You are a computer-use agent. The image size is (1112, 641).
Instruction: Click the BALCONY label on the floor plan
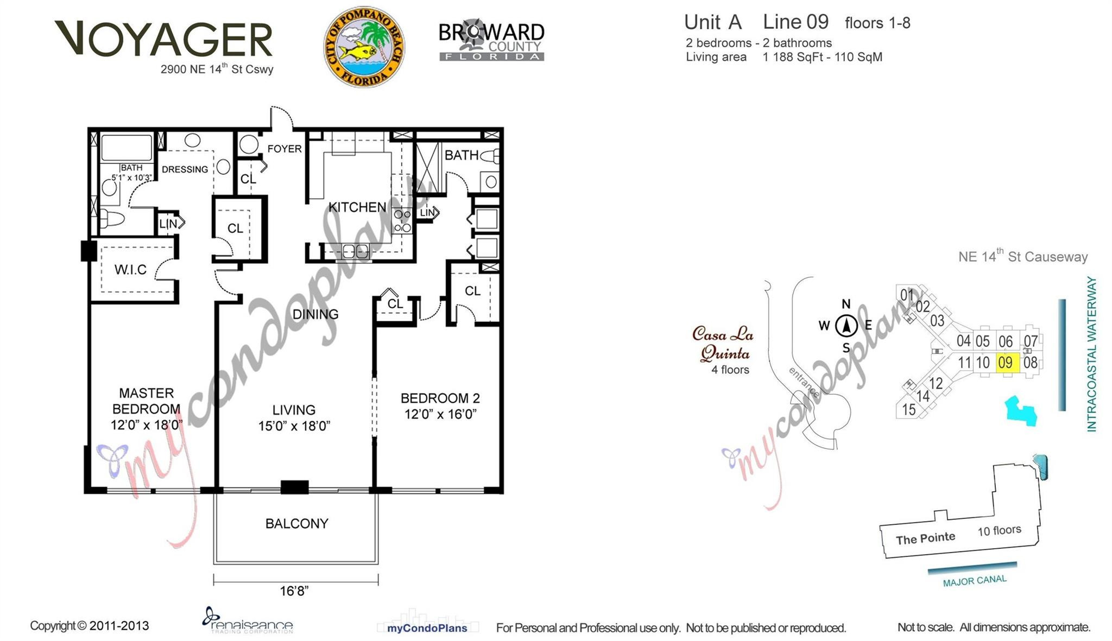(x=296, y=524)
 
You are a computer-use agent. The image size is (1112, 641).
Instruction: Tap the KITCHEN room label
(x=357, y=207)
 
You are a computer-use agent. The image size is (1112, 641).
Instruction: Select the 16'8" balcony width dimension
(x=294, y=591)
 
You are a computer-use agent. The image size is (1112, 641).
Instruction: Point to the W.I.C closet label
(x=130, y=270)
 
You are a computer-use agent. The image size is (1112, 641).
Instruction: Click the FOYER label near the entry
(x=284, y=149)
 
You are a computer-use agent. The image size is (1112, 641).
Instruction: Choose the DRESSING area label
(x=185, y=169)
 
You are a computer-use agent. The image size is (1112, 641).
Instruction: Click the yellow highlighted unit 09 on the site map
(x=1006, y=363)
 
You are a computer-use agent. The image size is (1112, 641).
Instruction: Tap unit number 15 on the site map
(x=908, y=410)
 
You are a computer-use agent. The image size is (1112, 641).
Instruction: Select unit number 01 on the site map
(x=907, y=295)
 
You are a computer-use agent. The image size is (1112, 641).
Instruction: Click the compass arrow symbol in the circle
(x=846, y=326)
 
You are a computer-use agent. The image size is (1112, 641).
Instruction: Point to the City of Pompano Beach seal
(x=364, y=47)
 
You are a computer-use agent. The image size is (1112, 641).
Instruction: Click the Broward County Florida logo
(x=491, y=42)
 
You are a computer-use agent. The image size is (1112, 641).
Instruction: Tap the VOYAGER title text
(x=163, y=40)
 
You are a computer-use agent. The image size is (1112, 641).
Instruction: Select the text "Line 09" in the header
(x=795, y=22)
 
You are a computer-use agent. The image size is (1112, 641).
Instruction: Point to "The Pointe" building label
(x=925, y=539)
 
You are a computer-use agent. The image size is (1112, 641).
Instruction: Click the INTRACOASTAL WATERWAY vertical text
(x=1091, y=354)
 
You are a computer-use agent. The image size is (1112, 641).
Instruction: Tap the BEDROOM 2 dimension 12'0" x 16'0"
(x=440, y=415)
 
